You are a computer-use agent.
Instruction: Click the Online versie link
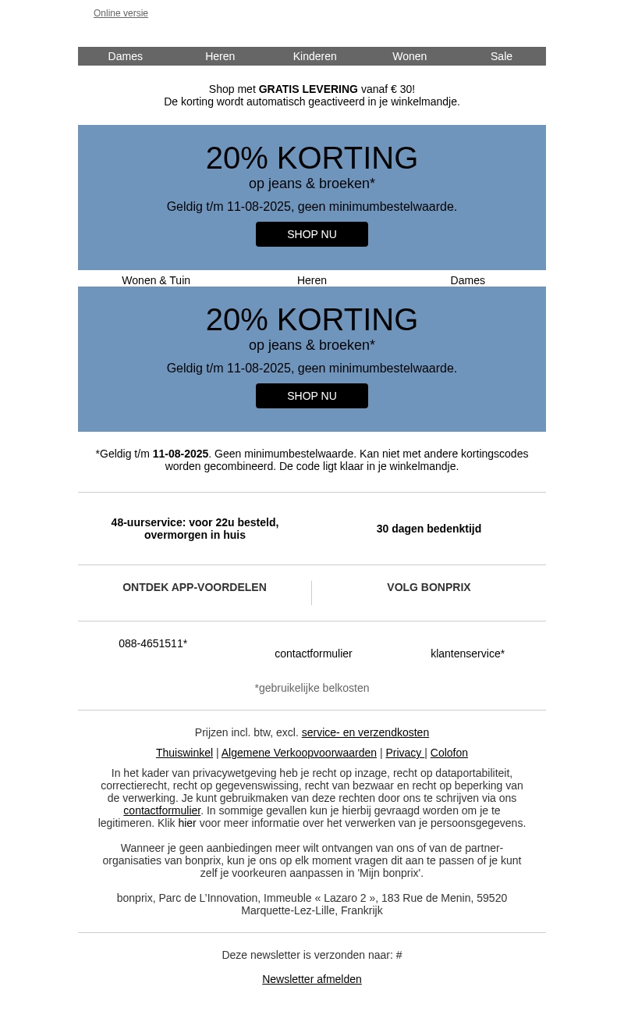pos(121,13)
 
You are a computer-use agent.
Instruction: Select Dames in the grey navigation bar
pos(125,56)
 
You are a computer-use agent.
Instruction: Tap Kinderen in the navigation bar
pos(314,56)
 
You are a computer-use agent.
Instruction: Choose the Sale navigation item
pos(501,56)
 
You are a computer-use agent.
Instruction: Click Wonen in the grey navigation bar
pos(409,56)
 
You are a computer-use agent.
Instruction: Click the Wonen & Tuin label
pos(156,280)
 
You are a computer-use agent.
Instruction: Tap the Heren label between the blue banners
pos(312,280)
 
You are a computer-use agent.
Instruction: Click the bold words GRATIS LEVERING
pos(308,89)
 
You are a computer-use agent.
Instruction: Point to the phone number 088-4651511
pos(152,643)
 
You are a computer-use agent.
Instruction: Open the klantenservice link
pos(467,654)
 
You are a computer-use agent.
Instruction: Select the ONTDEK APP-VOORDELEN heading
pos(194,587)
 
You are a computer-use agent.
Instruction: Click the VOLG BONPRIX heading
pos(429,587)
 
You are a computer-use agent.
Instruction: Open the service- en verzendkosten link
pos(365,732)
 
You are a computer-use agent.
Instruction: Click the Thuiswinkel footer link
pos(184,753)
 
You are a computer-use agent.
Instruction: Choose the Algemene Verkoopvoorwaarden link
pos(299,753)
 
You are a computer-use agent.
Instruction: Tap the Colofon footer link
pos(448,753)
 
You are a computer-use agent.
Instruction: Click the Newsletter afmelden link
pos(312,979)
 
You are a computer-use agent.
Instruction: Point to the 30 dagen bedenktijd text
pos(429,529)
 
